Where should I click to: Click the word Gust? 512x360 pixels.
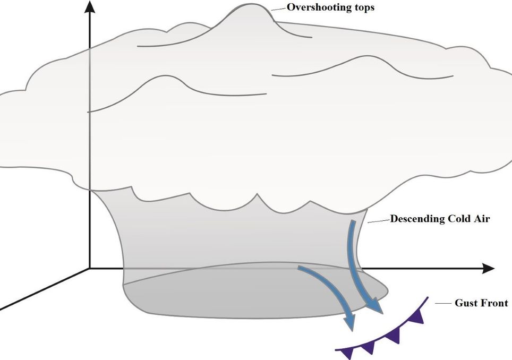point(465,303)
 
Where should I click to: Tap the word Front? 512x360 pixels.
point(494,303)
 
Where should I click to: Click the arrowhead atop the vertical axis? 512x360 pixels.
point(90,7)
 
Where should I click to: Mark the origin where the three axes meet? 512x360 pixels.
point(90,268)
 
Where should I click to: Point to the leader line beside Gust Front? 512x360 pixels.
point(443,303)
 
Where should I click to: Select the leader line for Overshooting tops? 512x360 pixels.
point(278,9)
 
